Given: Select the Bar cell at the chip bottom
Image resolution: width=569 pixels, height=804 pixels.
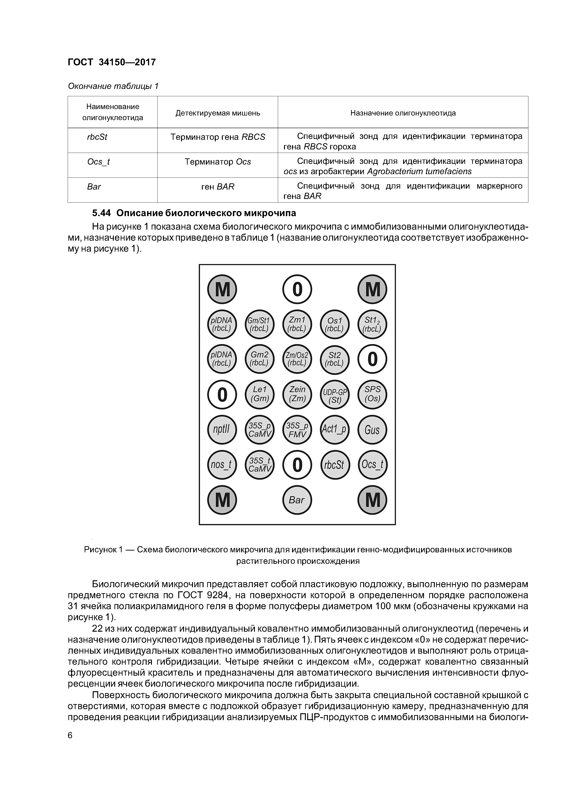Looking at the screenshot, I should pos(297,500).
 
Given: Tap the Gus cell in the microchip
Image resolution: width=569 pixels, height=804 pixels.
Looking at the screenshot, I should pos(372,430).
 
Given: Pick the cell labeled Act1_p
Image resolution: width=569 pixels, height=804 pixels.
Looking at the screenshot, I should pos(335,430).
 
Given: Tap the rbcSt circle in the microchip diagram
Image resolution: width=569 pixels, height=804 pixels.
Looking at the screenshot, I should pos(335,465).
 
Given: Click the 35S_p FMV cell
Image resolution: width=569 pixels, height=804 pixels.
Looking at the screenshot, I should pos(297,430).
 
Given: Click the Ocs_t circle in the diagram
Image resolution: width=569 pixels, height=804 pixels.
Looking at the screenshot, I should pos(372,465).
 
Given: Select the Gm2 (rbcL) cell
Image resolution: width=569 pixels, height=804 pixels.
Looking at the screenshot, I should pos(260,359).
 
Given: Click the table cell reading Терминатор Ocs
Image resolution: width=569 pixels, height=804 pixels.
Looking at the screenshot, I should pos(218,162).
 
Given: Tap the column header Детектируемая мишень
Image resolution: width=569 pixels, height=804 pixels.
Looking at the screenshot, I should pos(218,113).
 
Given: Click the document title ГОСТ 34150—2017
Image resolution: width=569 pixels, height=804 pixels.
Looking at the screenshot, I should pos(112,62).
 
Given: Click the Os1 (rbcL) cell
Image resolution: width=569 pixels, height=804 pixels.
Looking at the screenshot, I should pos(335,325).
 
